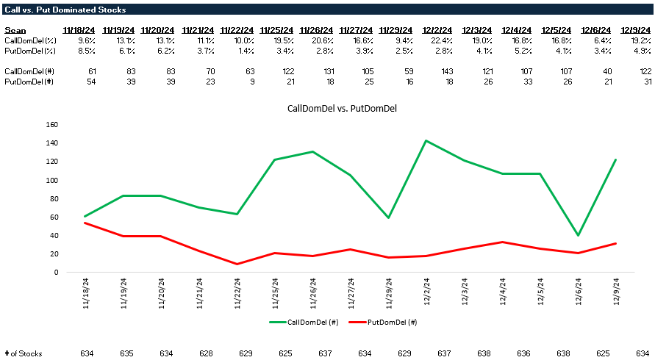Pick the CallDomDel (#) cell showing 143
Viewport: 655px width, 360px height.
[437, 71]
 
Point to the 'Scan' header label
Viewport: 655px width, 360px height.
[15, 30]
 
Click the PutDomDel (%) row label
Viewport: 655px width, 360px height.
[30, 50]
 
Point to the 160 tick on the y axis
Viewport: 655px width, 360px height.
[51, 125]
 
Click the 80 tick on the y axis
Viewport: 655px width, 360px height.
[53, 198]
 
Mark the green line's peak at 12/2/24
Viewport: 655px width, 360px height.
[426, 140]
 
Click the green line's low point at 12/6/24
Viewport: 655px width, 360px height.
[578, 235]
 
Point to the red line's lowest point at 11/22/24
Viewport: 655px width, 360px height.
[237, 264]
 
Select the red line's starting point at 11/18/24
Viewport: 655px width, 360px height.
[86, 223]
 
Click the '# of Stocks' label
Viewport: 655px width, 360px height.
[23, 353]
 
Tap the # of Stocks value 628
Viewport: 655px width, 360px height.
[206, 353]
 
